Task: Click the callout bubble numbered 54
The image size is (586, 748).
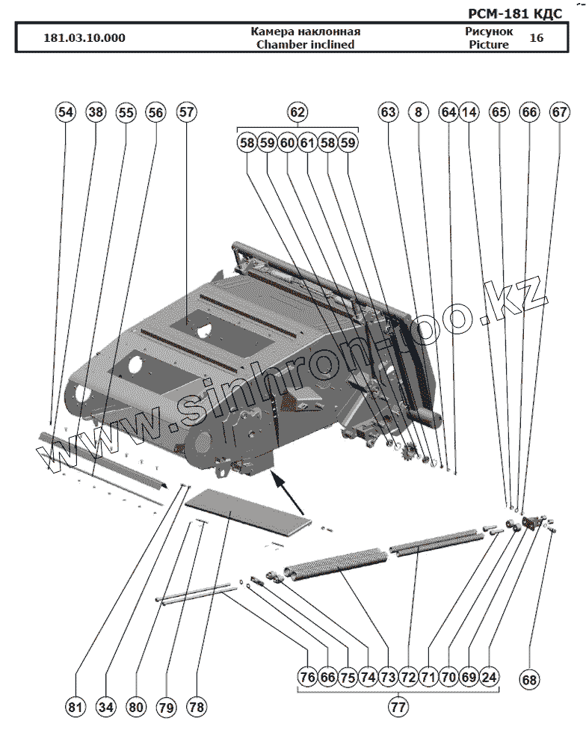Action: tap(66, 112)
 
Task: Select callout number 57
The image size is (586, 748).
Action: tap(186, 112)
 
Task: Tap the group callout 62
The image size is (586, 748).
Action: tap(297, 112)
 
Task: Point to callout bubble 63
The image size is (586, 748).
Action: tap(388, 112)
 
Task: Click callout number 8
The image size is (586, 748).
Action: tap(419, 112)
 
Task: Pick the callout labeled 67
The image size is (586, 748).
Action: tap(559, 112)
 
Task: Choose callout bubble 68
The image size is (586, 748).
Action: tap(529, 680)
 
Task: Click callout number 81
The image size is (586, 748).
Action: tap(75, 707)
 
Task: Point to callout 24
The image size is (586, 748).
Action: tap(489, 677)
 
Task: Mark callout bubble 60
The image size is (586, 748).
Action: tap(288, 142)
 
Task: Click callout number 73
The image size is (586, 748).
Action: tap(387, 677)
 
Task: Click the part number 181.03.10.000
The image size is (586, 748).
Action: tap(84, 38)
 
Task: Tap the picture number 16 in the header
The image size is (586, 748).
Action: tap(536, 37)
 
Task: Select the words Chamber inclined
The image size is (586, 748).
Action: tap(305, 44)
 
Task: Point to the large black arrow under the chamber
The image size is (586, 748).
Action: tap(286, 491)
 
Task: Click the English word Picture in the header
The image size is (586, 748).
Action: tap(489, 44)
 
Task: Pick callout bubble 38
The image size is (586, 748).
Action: tap(96, 112)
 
